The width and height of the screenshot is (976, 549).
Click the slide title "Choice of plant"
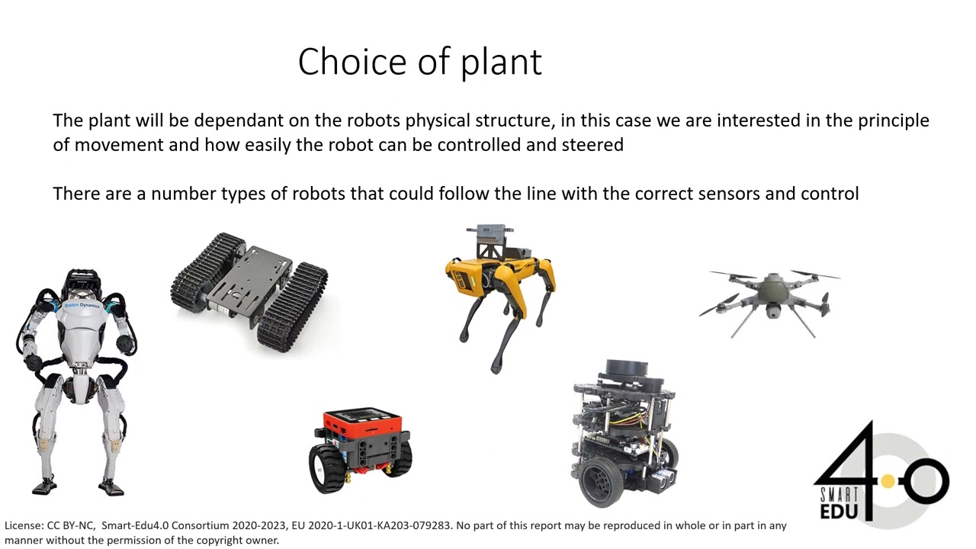pos(419,62)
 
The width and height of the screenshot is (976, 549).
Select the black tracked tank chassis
pos(249,290)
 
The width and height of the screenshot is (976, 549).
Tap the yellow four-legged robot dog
pos(499,294)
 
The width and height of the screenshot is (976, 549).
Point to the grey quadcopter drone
pos(770,297)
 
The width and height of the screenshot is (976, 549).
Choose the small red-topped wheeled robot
pos(361,450)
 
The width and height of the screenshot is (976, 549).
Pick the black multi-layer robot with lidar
pos(624,435)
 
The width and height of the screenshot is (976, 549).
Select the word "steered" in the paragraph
pos(593,145)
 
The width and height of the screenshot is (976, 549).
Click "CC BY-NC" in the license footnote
pos(71,525)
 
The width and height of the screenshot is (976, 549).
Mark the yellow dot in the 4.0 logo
pos(888,481)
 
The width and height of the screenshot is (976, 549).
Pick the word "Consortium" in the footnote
pos(201,525)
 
